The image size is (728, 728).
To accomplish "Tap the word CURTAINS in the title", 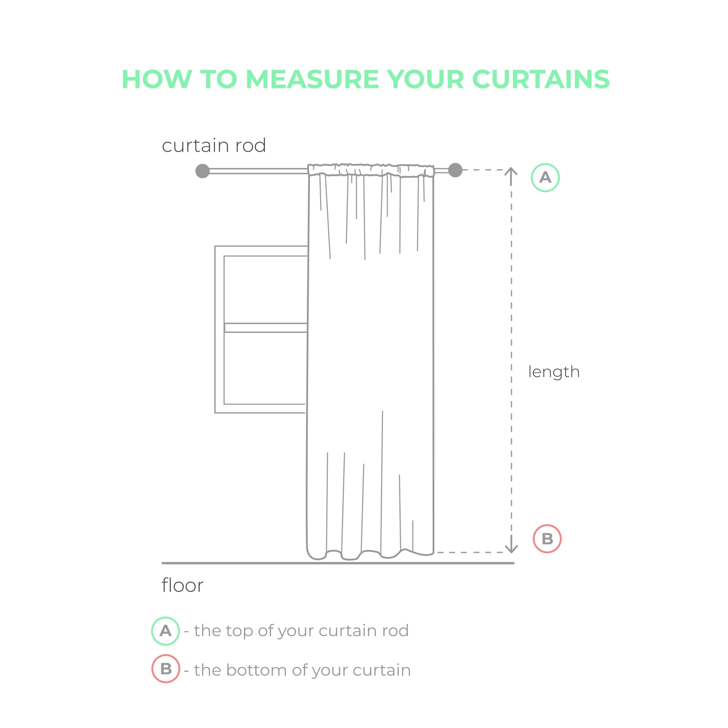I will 541,80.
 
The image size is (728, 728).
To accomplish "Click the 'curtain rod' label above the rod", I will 214,146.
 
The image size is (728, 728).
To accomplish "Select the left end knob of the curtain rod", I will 202,171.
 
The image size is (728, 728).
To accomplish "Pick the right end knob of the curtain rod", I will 455,170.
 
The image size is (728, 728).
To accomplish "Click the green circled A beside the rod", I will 545,177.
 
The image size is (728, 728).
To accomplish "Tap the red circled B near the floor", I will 547,539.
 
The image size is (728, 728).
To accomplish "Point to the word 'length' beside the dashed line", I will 554,372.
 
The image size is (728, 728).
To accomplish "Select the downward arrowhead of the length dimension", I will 511,549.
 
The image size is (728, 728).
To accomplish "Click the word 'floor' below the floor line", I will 182,585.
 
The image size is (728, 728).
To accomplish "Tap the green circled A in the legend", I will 165,631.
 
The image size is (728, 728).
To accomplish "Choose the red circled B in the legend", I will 166,669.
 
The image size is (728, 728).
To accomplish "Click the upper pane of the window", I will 265,289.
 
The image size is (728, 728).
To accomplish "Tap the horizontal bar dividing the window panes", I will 265,328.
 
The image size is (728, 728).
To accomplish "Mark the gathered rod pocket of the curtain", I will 371,170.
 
